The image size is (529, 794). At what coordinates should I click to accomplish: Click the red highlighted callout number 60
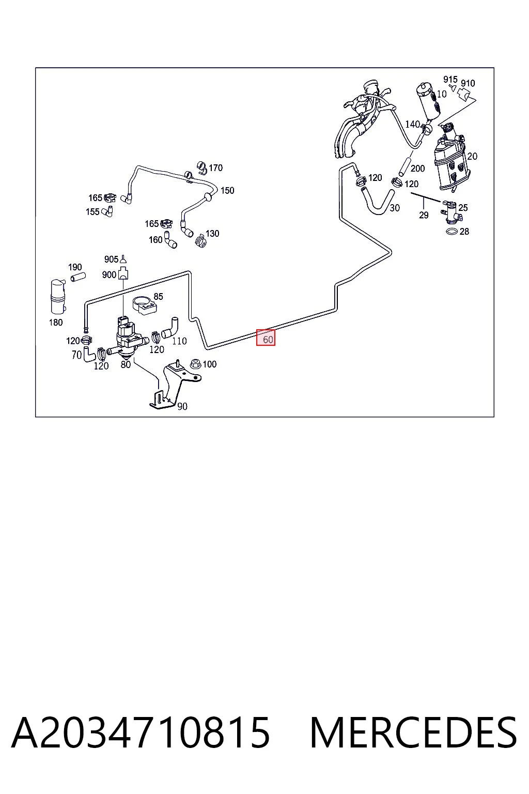(x=266, y=338)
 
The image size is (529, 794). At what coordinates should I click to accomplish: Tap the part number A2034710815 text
(x=141, y=733)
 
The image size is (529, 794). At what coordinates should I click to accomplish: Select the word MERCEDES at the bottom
(x=413, y=733)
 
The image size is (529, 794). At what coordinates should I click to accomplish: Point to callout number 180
(x=56, y=322)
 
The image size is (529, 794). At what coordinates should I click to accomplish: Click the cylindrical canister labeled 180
(x=58, y=297)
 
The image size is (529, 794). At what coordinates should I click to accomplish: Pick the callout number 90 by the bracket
(x=182, y=406)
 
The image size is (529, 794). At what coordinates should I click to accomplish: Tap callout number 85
(x=159, y=296)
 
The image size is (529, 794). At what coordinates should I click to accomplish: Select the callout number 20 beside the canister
(x=472, y=156)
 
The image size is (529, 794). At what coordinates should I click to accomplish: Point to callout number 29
(x=424, y=215)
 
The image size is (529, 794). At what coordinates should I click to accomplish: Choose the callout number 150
(x=227, y=190)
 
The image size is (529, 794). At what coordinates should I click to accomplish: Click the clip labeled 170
(x=203, y=167)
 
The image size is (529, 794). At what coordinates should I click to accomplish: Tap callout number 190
(x=75, y=267)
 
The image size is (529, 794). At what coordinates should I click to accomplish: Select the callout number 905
(x=111, y=259)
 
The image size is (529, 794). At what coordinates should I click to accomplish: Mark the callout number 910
(x=468, y=83)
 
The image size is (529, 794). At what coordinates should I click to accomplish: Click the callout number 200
(x=418, y=169)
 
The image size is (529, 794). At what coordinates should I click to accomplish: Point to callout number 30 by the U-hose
(x=395, y=208)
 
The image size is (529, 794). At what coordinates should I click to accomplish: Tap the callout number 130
(x=212, y=233)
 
